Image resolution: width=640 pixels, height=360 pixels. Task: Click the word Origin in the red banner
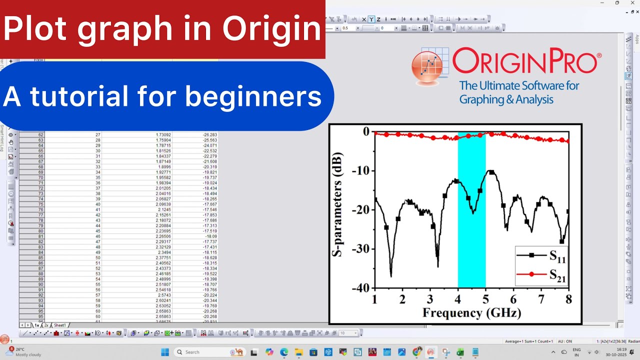(271, 29)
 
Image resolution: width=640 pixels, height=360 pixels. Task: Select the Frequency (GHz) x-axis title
(471, 313)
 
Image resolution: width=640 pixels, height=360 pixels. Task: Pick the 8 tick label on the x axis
(568, 299)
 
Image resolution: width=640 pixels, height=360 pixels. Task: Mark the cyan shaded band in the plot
(471, 210)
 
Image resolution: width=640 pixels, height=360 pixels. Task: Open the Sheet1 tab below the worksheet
(59, 325)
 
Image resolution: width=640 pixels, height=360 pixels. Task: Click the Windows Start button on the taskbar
(164, 352)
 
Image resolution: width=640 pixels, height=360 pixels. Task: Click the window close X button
(631, 3)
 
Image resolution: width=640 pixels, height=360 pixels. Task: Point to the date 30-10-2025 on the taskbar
(608, 354)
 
